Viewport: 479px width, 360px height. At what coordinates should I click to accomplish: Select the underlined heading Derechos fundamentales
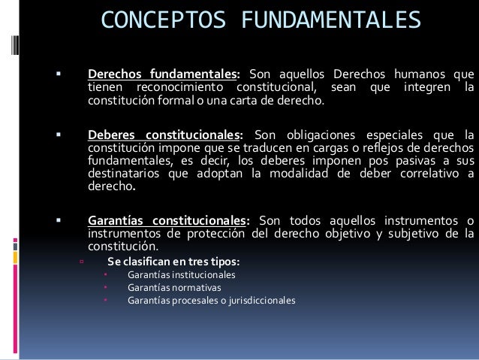click(162, 75)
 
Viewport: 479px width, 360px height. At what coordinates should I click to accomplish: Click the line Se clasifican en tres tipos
click(173, 262)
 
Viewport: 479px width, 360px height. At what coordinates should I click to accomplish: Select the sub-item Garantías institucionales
click(181, 275)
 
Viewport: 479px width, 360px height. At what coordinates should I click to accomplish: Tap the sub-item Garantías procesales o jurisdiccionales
click(211, 301)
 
